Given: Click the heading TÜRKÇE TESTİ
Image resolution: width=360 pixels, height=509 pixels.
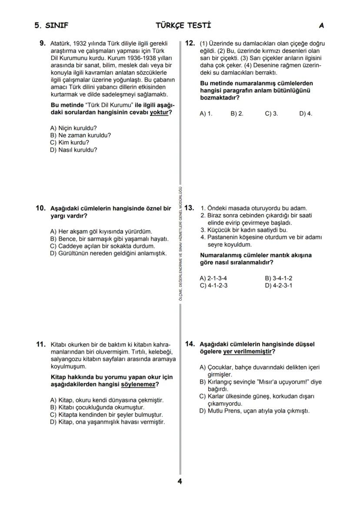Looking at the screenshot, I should tap(183, 26).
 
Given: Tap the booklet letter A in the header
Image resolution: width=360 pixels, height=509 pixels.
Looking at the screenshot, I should tap(321, 26).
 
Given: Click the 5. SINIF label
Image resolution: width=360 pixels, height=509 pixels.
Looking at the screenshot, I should tap(51, 26).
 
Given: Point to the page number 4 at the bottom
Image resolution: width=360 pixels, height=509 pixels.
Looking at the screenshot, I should tap(180, 481).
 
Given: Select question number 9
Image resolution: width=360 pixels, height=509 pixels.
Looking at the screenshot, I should tap(42, 43).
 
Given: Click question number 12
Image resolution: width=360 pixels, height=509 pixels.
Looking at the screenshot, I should tap(190, 43).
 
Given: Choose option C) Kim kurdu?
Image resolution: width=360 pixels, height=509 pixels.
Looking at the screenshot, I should tap(70, 143).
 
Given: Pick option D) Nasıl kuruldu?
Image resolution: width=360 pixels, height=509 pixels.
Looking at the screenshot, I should tap(73, 150).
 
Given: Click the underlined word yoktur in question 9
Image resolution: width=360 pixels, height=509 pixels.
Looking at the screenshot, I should tap(159, 113).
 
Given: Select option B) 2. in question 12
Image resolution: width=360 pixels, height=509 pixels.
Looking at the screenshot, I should tap(237, 114).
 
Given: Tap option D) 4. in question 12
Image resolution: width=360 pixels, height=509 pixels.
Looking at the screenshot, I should tap(306, 114).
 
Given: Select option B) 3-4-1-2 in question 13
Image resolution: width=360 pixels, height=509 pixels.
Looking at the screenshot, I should tap(278, 278).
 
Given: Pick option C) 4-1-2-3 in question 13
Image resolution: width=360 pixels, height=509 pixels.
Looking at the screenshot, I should tap(213, 286).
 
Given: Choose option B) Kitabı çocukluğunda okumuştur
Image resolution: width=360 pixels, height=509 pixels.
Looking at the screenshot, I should tap(97, 407).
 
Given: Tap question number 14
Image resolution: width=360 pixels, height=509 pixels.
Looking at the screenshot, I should tap(190, 344).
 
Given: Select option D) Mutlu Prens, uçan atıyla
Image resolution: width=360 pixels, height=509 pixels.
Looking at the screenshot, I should tap(254, 411).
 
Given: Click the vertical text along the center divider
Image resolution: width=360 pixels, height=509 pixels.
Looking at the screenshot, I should tap(180, 243).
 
